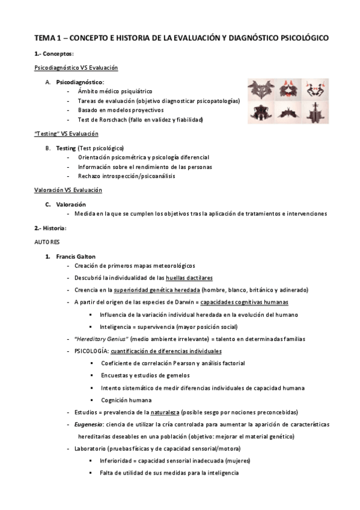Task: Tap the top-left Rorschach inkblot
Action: [x=263, y=88]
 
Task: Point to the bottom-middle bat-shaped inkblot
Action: [x=289, y=112]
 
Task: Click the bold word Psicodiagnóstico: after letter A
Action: [x=80, y=81]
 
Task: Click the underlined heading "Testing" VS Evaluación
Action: [x=66, y=134]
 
